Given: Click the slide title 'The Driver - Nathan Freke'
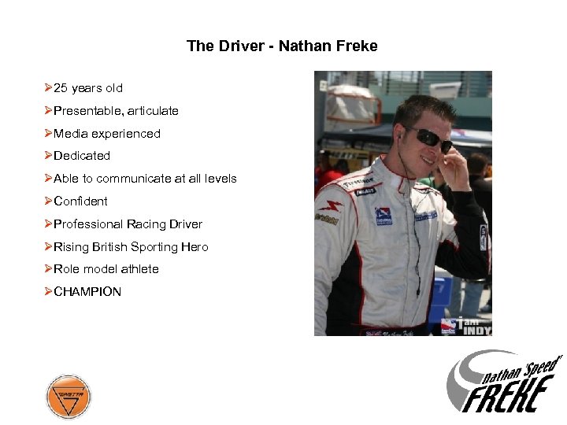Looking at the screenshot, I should tap(282, 46).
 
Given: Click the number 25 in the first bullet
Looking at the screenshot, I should tap(61, 88).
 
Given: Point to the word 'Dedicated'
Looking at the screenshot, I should tap(82, 156).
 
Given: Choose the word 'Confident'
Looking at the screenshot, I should tap(80, 201).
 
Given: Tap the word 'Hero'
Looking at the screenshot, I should tap(195, 247).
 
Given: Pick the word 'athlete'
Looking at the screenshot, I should tap(139, 269).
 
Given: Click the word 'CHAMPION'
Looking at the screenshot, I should tap(87, 292).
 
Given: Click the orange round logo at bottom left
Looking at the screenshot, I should tap(69, 396).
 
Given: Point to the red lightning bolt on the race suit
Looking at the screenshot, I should tap(334, 207).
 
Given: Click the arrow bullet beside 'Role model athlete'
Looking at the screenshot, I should tap(48, 269).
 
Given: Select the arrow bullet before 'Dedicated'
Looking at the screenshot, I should tap(48, 156).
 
